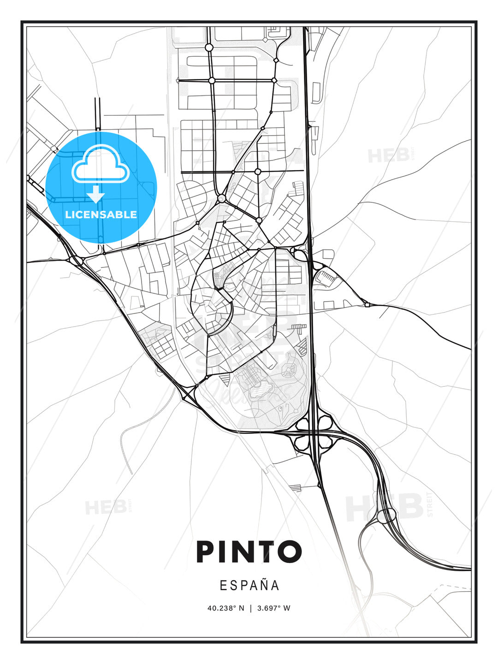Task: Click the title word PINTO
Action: pos(249,551)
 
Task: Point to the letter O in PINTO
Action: pos(289,551)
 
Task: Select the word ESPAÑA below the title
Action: pos(249,585)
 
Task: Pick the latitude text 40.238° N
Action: pos(225,608)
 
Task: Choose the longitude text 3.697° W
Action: pos(274,608)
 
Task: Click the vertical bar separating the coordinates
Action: pos(250,608)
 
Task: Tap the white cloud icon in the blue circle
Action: pos(100,165)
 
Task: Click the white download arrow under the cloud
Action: pos(96,195)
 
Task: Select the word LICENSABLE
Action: pos(101,214)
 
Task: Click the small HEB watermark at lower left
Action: pos(106,507)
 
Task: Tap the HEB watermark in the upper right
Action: pos(389,155)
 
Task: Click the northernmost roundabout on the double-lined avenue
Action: pos(209,47)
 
